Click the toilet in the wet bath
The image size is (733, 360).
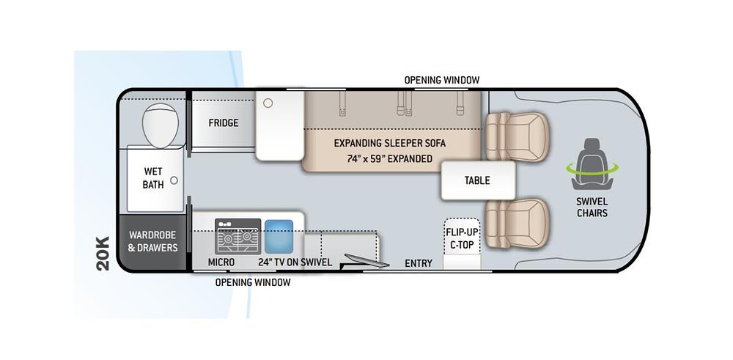coord(160,125)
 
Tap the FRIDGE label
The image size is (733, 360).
coord(223,122)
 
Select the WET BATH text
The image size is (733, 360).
coord(153,178)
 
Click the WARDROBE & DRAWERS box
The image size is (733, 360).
coord(153,242)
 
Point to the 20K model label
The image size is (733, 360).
coord(103,254)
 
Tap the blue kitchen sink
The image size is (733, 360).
coord(279,235)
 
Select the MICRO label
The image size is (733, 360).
coord(221,262)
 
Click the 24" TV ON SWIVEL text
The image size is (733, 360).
coord(295,262)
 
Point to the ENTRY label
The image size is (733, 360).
coord(419,263)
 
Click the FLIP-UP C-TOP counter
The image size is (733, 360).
coord(462,238)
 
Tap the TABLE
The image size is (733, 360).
coord(477,180)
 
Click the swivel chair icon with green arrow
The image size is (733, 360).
coord(592,158)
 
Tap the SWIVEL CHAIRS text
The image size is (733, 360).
coord(592,207)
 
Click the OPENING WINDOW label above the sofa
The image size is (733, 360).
coord(442,79)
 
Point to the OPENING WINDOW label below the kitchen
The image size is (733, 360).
coord(252,282)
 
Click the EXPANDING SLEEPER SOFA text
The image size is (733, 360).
coord(389,142)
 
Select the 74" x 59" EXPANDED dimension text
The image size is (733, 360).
coord(389,158)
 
